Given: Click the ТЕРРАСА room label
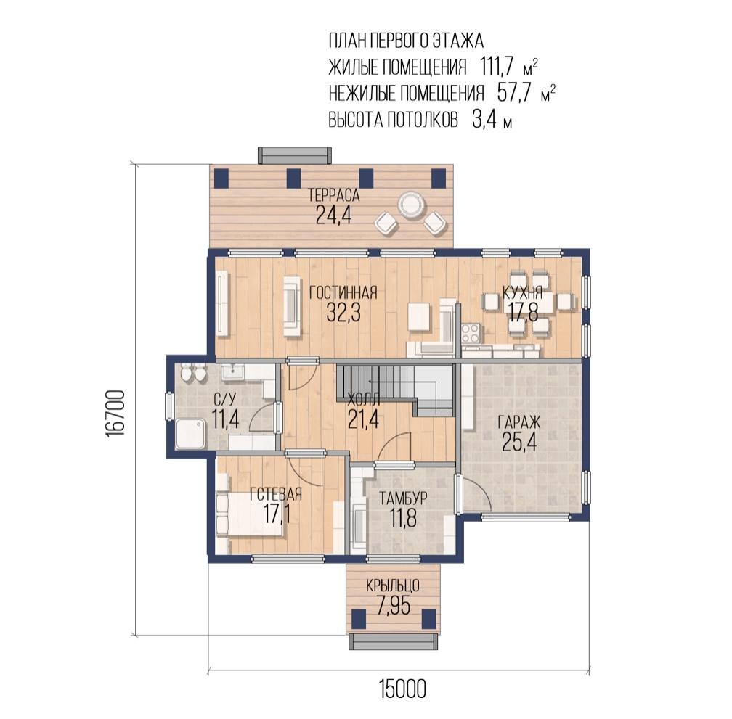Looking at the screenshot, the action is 333,195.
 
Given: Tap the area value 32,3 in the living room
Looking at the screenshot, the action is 343,313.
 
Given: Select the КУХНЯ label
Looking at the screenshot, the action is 522,292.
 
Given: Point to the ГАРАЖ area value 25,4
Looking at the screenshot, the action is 519,442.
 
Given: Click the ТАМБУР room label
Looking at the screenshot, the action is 403,498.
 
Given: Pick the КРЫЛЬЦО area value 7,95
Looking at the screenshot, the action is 393,606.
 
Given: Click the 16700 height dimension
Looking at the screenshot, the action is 115,413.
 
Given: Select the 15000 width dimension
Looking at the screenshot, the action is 402,689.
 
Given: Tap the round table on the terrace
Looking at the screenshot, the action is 411,204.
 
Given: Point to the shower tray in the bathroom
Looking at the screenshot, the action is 190,434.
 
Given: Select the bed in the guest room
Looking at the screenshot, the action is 249,515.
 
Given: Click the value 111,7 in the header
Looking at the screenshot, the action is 497,67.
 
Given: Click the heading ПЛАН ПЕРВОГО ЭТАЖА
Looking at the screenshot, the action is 406,41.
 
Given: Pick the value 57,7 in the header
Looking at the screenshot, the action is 514,94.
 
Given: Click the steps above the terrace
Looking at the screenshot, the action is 295,155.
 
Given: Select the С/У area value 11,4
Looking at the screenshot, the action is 225,419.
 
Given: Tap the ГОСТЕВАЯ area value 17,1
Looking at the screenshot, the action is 277,514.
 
